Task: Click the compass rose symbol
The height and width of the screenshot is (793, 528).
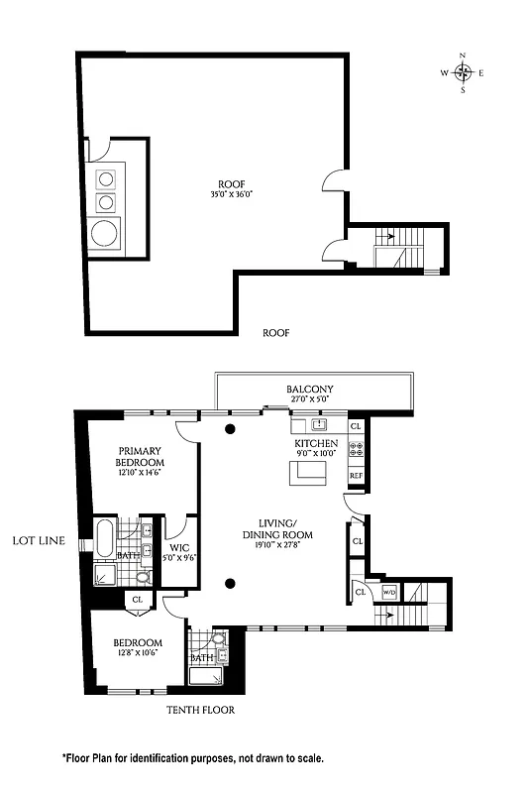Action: point(463,72)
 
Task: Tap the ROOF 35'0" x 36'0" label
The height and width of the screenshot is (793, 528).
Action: point(231,187)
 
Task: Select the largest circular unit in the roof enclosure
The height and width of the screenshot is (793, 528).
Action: point(104,234)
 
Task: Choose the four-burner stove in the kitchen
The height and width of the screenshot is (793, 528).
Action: point(357,447)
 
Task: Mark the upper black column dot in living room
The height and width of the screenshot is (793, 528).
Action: point(230,429)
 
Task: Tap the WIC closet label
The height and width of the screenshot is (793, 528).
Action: point(178,550)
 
